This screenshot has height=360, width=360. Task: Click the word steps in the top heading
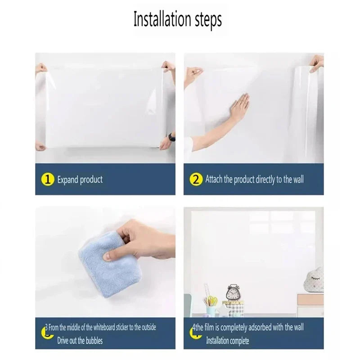coord(208,20)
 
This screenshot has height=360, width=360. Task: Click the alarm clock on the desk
coord(233,294)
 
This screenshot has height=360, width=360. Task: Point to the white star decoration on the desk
coord(222,310)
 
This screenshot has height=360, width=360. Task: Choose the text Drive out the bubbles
coord(80,340)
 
